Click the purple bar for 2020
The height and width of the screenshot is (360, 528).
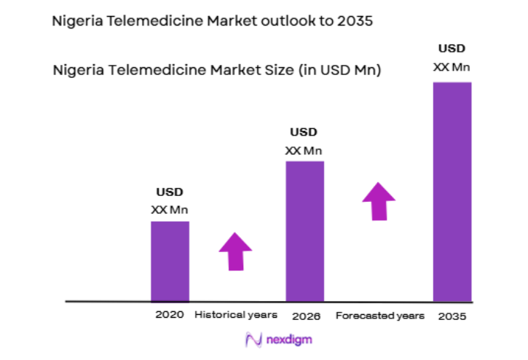coord(170,261)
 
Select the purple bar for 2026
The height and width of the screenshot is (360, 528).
coord(304,231)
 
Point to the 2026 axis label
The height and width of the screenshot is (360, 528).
coord(307,317)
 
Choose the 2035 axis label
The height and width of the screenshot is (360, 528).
coord(452,317)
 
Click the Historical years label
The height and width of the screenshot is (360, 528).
coord(236,316)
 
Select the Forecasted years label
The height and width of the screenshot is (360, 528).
coord(380,316)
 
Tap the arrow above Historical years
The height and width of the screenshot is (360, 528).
coord(235,251)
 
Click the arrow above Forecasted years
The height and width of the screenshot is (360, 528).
coord(379,201)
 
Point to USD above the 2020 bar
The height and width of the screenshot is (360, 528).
coord(170,192)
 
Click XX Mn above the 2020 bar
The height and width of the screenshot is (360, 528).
coord(170,210)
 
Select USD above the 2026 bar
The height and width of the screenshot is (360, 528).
coord(304,133)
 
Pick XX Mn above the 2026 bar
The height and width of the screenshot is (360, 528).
coord(304,151)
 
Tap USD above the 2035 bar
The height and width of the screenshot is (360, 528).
coord(452,49)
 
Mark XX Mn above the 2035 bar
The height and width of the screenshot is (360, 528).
coord(452,67)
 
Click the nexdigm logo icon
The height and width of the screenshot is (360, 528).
coord(253,340)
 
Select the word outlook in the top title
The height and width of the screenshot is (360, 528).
coord(270,21)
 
